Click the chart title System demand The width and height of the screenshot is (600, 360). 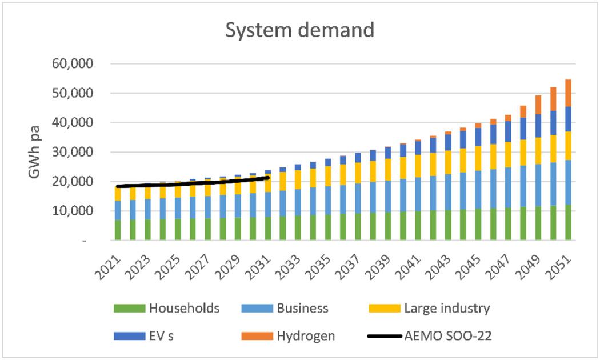pos(299,30)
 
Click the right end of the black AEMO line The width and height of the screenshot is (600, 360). pos(269,178)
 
